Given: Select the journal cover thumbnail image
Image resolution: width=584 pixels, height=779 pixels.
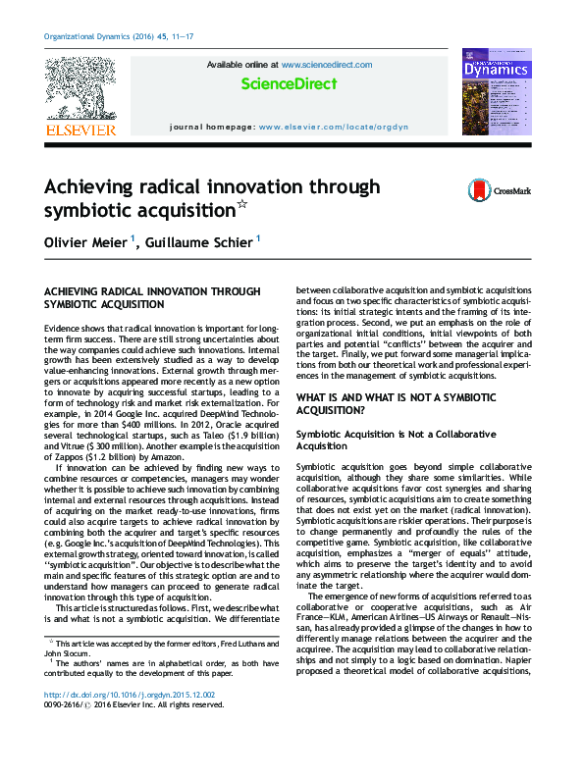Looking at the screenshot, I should click(x=497, y=94).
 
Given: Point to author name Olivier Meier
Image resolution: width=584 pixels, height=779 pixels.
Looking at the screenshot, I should click(x=82, y=239).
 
